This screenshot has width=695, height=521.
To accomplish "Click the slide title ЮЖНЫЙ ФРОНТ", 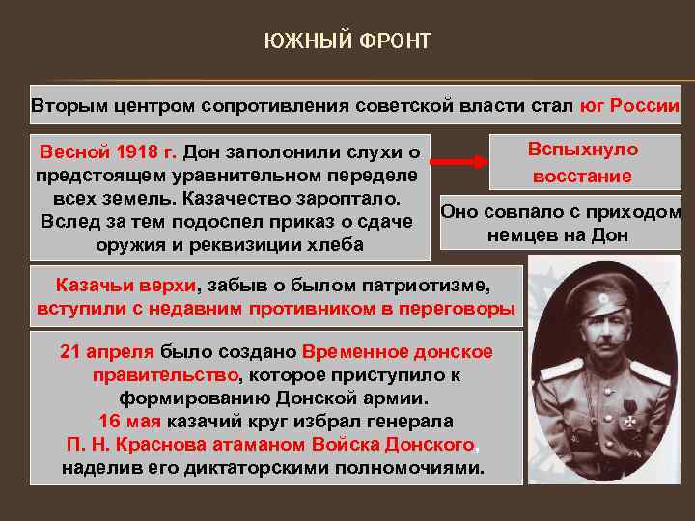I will tap(347, 41).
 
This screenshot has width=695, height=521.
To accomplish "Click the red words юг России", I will tap(629, 105).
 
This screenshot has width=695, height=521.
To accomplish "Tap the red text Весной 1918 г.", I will tap(107, 152).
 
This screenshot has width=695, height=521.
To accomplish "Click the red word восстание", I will tap(583, 176).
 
